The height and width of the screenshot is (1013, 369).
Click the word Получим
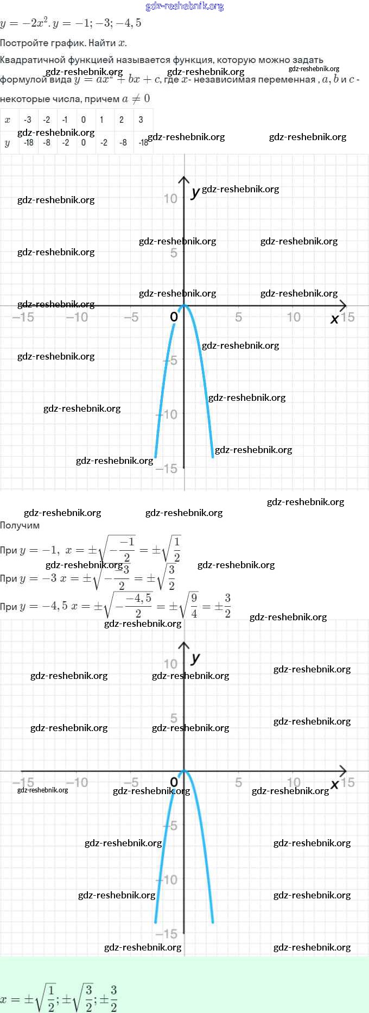tap(20, 525)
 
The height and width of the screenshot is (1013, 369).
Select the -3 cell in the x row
tap(28, 119)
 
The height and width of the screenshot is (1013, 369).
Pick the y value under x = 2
tap(123, 142)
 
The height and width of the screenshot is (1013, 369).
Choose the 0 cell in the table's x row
tap(83, 119)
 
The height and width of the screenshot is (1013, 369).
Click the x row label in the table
tap(8, 119)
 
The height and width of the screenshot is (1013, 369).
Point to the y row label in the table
tap(8, 143)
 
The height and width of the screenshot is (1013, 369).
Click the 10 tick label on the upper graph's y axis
tap(170, 199)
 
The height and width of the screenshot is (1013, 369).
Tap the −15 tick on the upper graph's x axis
tap(23, 317)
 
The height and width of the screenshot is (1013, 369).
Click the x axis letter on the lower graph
tap(334, 784)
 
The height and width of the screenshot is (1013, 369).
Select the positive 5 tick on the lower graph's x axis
tap(238, 783)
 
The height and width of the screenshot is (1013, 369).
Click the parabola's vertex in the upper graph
tap(184, 305)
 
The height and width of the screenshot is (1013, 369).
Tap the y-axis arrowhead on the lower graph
tap(184, 645)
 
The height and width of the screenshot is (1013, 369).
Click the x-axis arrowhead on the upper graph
tap(343, 306)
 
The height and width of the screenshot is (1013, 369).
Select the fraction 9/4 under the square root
tap(194, 606)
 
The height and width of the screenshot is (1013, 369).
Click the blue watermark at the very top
tap(184, 7)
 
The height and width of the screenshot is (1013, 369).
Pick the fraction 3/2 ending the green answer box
tap(113, 999)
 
